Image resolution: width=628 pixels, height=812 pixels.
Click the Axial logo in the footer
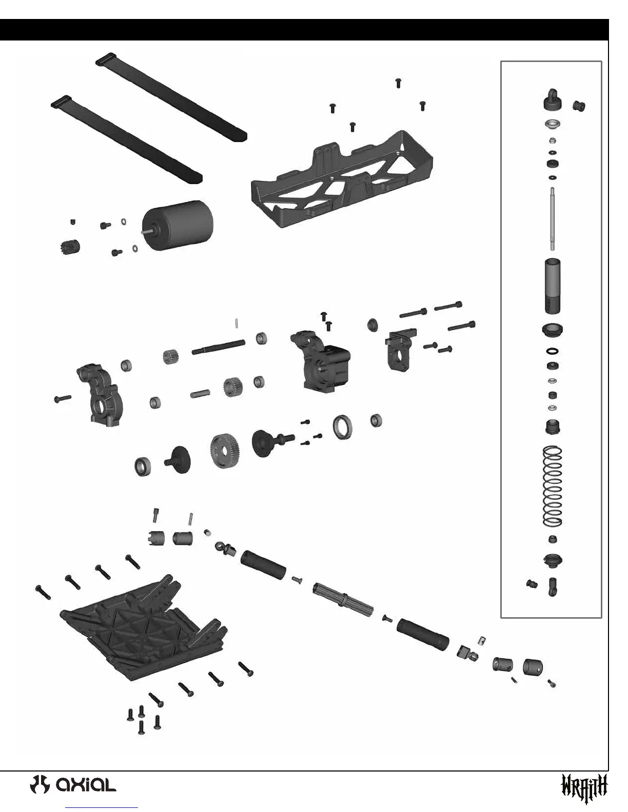(73, 785)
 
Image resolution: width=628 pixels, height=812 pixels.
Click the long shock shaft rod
(552, 218)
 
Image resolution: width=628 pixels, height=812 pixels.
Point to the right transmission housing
(321, 363)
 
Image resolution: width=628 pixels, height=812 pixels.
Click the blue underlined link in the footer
(103, 807)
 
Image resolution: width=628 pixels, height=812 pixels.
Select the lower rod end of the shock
(553, 586)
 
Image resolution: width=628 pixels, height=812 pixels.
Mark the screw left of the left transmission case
(62, 398)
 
